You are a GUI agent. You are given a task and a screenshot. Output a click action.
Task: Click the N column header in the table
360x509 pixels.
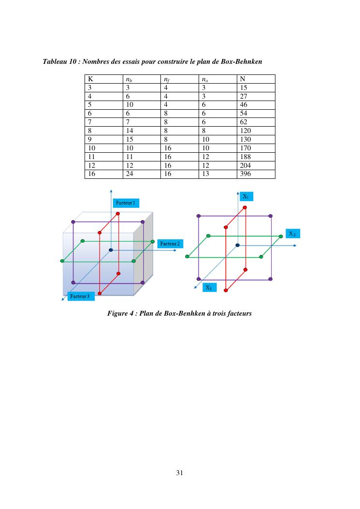(242, 79)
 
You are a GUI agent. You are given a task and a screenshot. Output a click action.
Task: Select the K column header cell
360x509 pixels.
(90, 79)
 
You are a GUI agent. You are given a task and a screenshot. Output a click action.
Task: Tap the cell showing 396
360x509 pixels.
(245, 174)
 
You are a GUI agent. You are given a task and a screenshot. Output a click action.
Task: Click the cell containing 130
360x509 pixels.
(245, 139)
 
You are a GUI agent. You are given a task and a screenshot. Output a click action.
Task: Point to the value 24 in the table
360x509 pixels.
(130, 174)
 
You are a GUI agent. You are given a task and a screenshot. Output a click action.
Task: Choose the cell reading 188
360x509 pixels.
(245, 157)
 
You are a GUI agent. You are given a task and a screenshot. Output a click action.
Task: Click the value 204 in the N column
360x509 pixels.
(245, 165)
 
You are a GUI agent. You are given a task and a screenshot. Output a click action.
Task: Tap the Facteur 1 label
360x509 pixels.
(127, 202)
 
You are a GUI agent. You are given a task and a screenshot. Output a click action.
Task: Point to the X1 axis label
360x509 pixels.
(246, 197)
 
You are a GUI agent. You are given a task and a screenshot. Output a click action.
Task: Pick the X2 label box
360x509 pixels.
(292, 234)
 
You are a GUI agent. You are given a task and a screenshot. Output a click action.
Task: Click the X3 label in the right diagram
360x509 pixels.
(208, 288)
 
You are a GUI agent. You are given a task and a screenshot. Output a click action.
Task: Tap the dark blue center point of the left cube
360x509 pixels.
(111, 249)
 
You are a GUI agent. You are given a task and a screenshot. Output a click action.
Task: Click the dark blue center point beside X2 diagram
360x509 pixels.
(237, 245)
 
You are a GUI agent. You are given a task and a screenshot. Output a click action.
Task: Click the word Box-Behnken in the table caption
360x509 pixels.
(241, 62)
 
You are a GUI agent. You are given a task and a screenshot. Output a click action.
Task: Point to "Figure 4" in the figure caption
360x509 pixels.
(120, 313)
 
